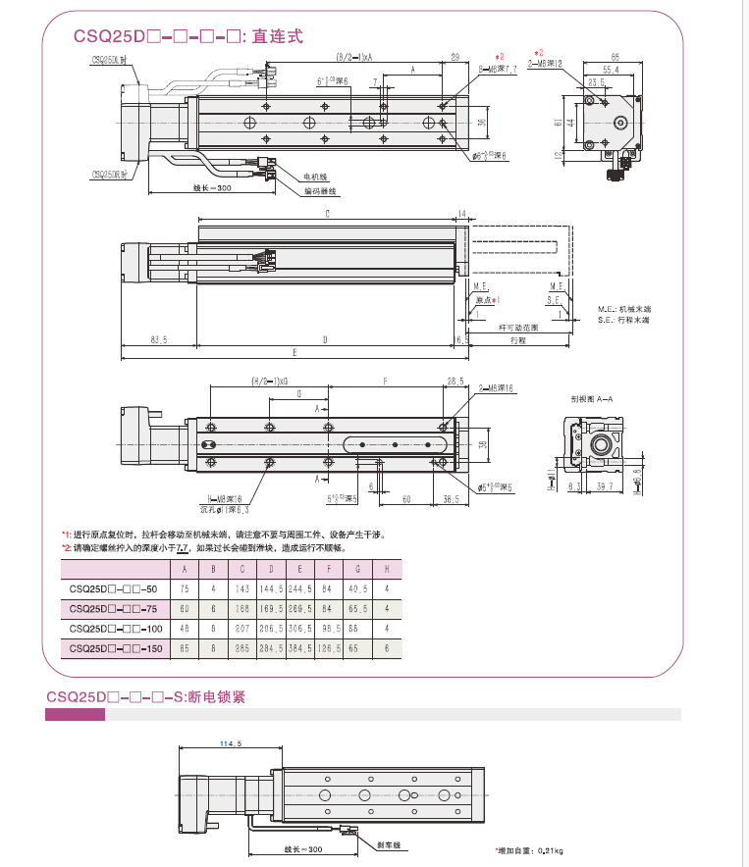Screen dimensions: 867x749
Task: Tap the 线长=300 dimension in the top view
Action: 212,187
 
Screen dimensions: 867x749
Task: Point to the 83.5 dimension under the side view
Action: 158,339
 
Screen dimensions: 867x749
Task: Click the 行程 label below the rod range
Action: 518,339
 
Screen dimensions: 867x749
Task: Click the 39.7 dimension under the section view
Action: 605,485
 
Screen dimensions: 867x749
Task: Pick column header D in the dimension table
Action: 271,569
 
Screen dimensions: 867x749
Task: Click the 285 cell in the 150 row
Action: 241,648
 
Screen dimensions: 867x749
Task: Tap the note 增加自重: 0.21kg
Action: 529,849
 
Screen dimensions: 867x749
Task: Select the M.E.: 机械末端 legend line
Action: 625,309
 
